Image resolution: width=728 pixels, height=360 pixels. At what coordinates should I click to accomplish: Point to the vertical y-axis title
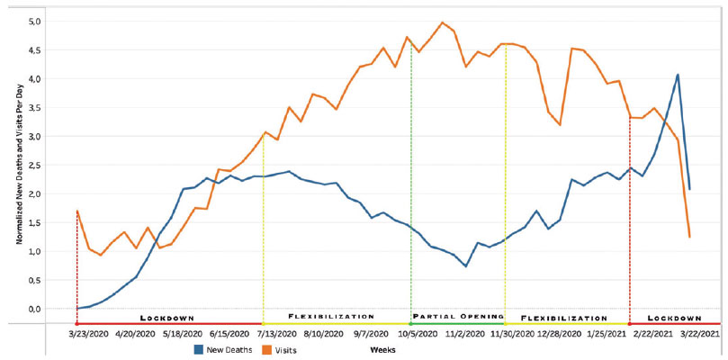click(x=19, y=167)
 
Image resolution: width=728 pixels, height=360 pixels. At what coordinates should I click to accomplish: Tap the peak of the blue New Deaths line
click(x=678, y=75)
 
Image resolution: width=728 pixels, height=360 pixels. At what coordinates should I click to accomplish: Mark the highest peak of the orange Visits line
click(x=442, y=22)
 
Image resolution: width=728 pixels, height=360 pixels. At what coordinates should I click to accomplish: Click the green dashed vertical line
click(x=411, y=180)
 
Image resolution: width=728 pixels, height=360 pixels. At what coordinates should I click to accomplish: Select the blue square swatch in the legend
click(x=198, y=348)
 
